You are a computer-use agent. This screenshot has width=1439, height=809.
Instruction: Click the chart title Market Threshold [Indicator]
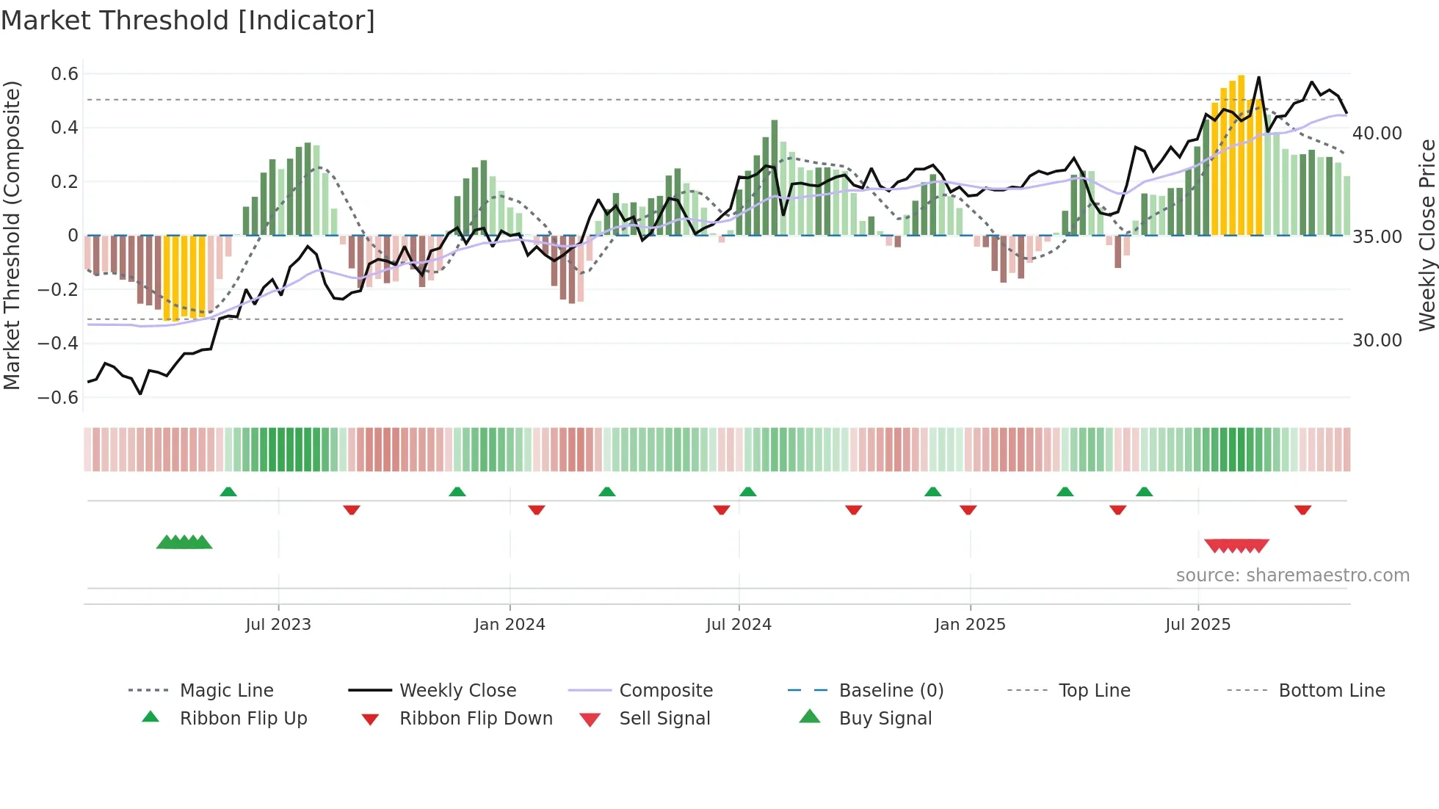188,21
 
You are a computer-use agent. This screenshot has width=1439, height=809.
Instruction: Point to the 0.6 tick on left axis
65,73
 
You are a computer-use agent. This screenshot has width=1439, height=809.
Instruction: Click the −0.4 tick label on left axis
59,343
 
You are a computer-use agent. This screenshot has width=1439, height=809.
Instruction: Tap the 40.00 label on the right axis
1377,134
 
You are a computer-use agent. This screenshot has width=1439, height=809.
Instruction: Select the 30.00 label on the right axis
1377,341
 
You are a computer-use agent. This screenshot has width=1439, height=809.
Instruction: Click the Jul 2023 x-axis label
278,625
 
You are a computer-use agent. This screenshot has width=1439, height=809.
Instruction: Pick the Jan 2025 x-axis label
970,625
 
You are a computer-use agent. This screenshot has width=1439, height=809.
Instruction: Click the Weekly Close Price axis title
1427,235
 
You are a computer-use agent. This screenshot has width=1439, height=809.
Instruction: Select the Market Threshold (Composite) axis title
12,235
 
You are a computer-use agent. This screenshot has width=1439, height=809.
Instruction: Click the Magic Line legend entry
226,691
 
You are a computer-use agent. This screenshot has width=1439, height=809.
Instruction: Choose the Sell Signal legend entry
664,719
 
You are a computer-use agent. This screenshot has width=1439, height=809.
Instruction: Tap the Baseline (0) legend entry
891,691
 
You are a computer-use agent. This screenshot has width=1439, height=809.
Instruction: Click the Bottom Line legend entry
1331,691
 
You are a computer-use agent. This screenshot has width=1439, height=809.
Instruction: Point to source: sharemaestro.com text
1292,576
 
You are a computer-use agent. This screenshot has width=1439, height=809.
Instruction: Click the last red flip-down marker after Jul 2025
1303,509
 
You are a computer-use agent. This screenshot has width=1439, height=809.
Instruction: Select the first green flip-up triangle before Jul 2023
228,492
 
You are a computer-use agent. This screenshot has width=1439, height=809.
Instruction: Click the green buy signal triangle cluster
184,543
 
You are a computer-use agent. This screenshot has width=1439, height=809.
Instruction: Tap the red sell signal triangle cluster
1237,545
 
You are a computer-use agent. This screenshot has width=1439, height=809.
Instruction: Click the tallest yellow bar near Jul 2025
1241,154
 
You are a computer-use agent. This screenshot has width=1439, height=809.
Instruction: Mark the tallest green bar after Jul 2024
775,176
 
